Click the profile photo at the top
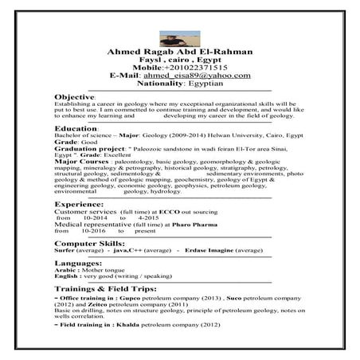tap(179, 37)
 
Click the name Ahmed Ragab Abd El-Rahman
tap(179, 53)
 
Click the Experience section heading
tap(80, 205)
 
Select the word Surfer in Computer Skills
tap(65, 249)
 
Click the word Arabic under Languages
tap(65, 270)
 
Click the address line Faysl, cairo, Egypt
tap(179, 61)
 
